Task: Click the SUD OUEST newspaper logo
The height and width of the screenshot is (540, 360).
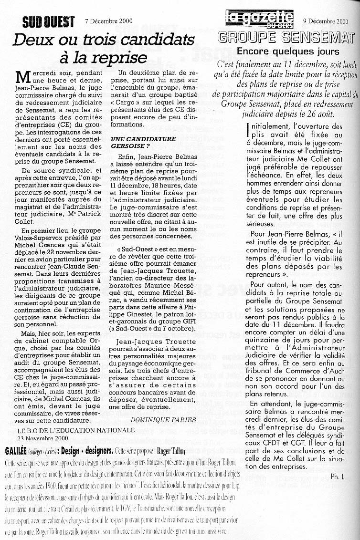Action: point(49,21)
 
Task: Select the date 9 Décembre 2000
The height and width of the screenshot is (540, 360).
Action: point(326,21)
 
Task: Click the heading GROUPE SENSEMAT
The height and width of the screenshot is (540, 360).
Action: point(285,38)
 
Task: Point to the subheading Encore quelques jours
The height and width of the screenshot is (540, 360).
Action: point(288,52)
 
